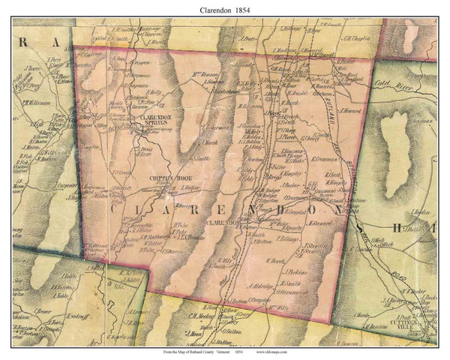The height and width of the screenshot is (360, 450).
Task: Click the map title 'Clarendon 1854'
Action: [224, 11]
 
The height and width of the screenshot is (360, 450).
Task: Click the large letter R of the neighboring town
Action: [22, 44]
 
